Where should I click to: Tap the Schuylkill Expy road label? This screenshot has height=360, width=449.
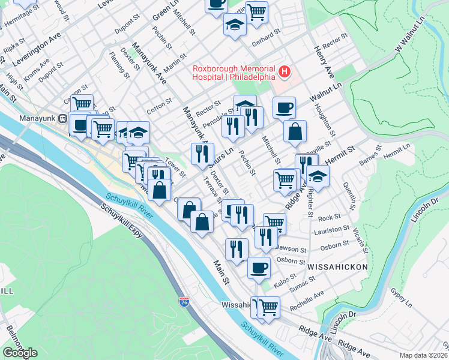pyautogui.click(x=123, y=221)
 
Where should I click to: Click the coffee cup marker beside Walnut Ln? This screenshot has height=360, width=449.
pyautogui.click(x=284, y=107)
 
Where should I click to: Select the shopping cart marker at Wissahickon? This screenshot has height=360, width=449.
pyautogui.click(x=268, y=307)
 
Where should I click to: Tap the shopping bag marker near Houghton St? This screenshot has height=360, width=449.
pyautogui.click(x=295, y=132)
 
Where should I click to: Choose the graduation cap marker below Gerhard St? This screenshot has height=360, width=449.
pyautogui.click(x=235, y=25)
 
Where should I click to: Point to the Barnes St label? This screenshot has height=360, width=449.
pyautogui.click(x=369, y=161)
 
